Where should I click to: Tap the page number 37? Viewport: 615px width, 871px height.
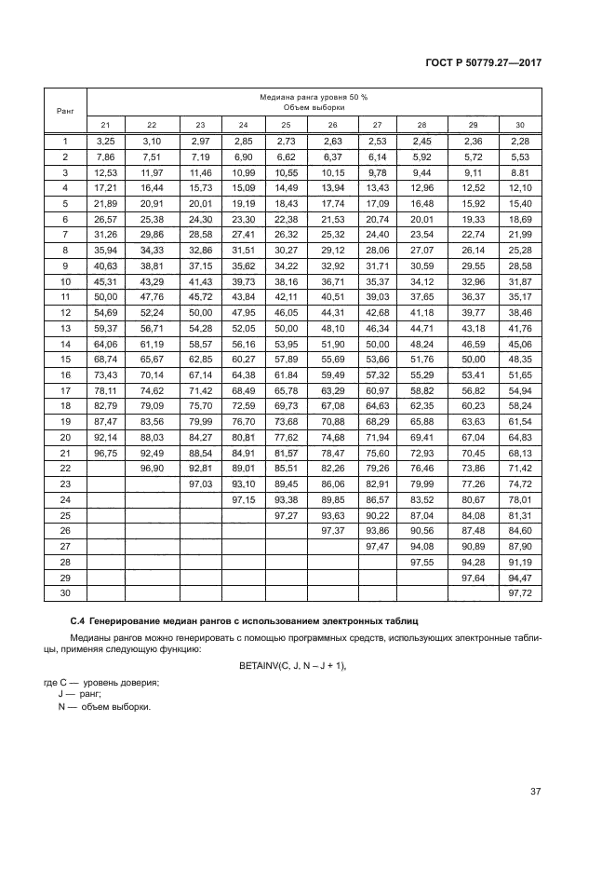(x=535, y=792)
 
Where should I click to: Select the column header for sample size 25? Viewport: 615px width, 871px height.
(x=286, y=125)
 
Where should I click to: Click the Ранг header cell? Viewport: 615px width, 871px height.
(x=65, y=110)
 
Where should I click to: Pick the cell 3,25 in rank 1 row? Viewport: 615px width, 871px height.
(x=105, y=141)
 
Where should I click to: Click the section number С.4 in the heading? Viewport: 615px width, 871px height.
(x=80, y=619)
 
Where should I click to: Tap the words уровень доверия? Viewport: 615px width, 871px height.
(x=120, y=683)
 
